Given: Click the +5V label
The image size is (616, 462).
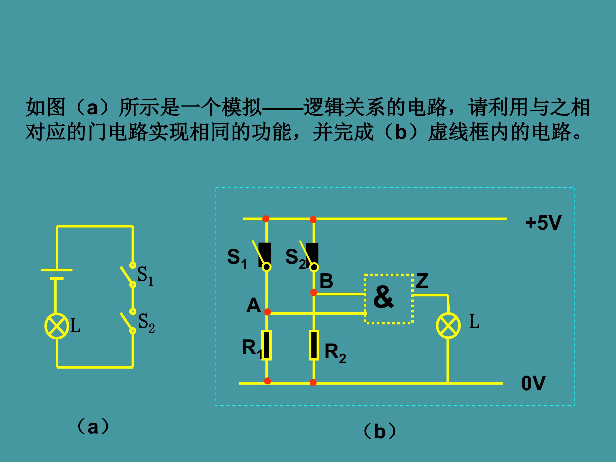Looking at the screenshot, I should tap(543, 223).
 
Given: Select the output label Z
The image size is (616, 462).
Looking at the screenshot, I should tap(422, 281).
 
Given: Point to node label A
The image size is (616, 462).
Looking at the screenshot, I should tap(253, 305).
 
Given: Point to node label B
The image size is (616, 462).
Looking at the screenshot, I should tap(326, 281).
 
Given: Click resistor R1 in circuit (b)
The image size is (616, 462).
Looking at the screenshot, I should tap(267, 345).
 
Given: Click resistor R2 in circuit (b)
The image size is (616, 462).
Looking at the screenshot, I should tap(314, 345).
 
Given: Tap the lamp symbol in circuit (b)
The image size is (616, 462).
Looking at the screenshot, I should tap(448, 326).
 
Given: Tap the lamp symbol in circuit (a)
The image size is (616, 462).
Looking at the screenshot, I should tap(57, 326).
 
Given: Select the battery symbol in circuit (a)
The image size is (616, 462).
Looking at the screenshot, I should tap(57, 274).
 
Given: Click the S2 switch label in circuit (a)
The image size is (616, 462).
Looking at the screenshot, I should tap(146, 323).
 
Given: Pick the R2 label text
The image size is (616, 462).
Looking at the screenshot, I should tap(335, 353).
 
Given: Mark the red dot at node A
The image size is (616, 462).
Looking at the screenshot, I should tap(267, 312).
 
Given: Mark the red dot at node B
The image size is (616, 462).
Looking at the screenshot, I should tap(314, 292).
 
